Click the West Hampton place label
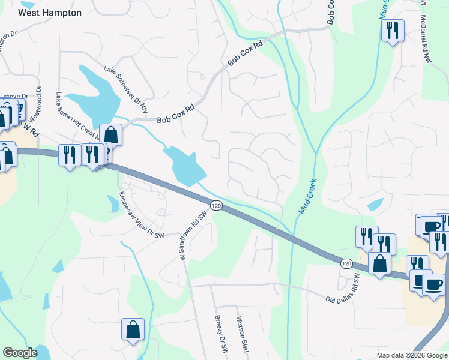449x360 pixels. pos(50,12)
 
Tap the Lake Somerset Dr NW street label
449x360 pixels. pos(125,89)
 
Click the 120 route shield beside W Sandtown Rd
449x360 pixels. pos(217,205)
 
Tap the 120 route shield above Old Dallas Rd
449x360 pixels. pos(346,263)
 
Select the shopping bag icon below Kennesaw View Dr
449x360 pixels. pos(133,329)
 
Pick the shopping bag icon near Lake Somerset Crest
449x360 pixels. pos(111,134)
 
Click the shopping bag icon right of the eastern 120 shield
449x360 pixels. pos(379,263)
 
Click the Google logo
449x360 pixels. pos(20,353)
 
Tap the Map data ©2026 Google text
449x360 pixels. pos(411,355)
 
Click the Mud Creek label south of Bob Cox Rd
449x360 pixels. pos(307,199)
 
